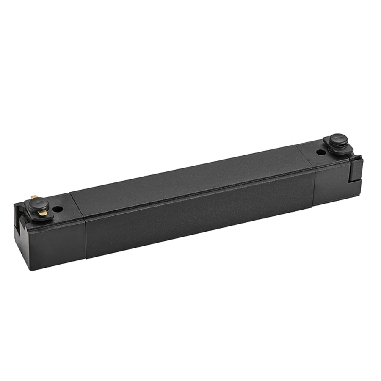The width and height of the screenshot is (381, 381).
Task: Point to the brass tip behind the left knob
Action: click(x=34, y=197)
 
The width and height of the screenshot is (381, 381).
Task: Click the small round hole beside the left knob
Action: click(x=58, y=209)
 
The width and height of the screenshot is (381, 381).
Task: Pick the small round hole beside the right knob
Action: click(x=321, y=152)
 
